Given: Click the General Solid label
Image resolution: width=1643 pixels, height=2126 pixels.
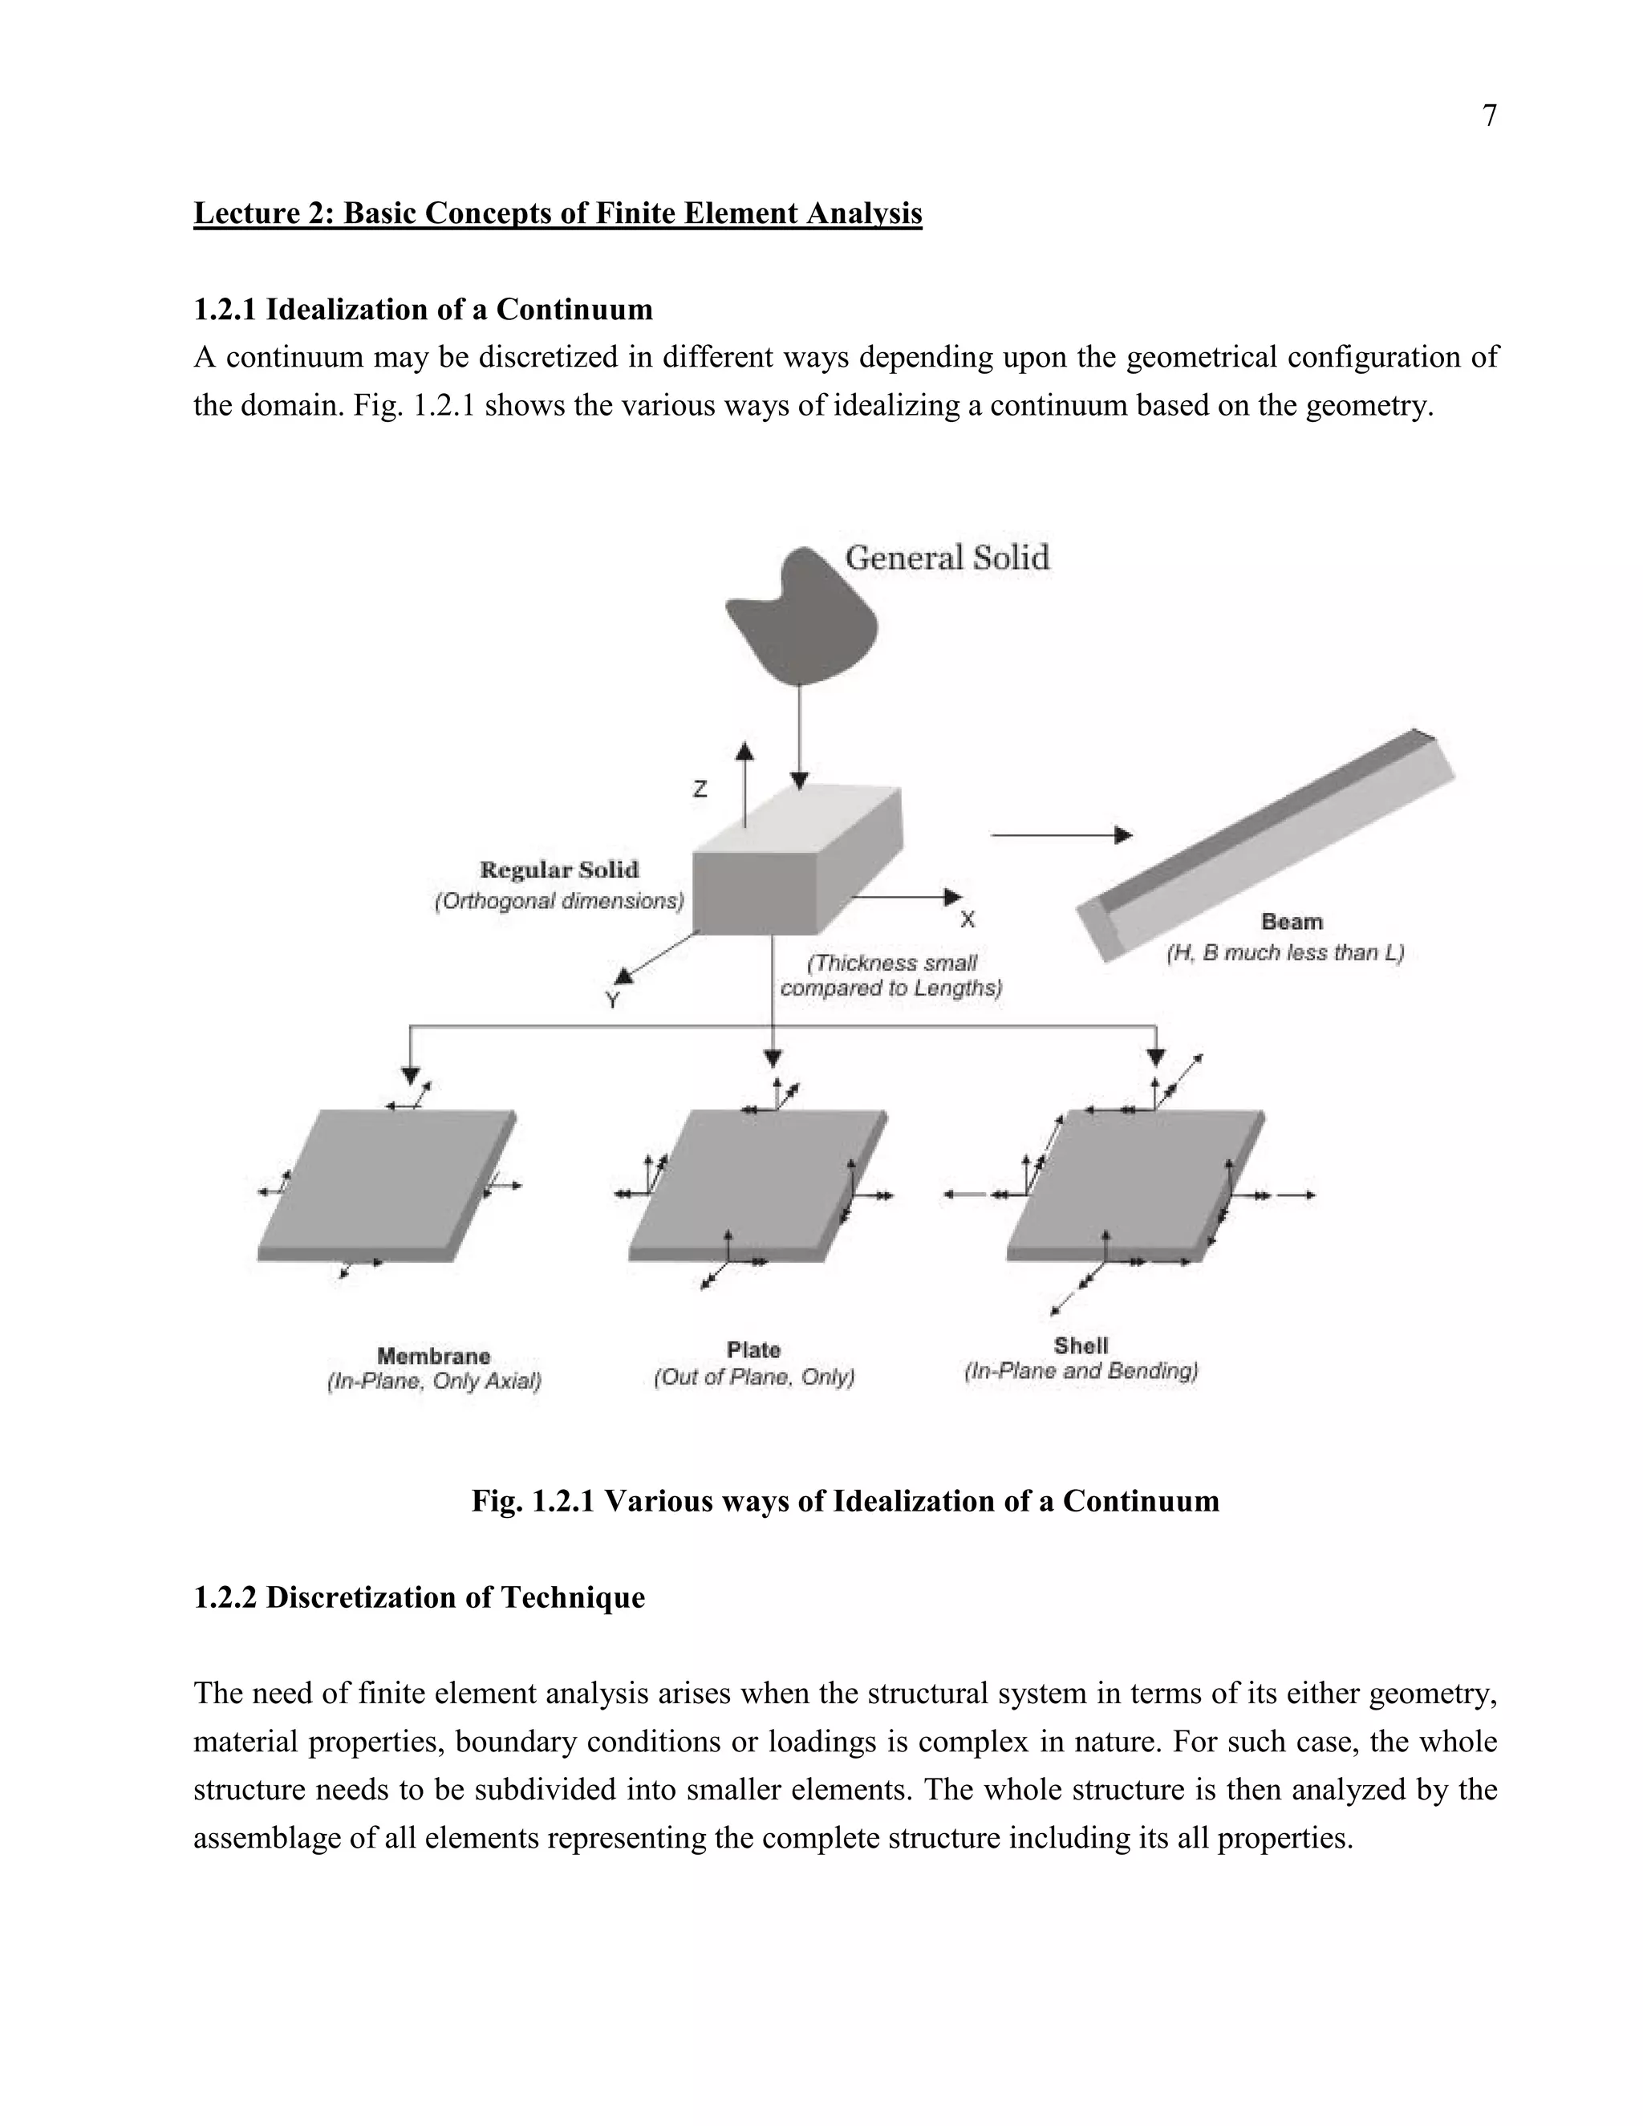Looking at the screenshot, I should tap(946, 558).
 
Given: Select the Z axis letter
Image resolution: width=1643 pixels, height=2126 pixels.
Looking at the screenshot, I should tap(700, 789).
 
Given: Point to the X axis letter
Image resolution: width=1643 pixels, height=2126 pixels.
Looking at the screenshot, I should tap(968, 919).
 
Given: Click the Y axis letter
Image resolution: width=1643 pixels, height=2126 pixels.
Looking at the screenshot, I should tap(612, 1000).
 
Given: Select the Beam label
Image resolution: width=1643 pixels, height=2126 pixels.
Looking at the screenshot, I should tap(1292, 921).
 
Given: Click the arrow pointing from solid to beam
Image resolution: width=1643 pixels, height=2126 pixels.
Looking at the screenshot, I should tap(1061, 835).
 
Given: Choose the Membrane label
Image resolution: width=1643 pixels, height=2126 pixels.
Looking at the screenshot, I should tap(433, 1356).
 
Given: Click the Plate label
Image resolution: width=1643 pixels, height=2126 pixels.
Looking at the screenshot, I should tap(753, 1350).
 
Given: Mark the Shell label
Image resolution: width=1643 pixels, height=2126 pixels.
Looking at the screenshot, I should tap(1081, 1345).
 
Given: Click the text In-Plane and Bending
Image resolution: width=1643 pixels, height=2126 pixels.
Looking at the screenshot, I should tap(1081, 1372).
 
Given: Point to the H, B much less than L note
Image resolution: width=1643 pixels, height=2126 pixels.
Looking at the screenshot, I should tap(1285, 953).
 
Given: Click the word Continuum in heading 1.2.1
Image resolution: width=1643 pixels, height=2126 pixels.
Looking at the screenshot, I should tap(574, 310).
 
